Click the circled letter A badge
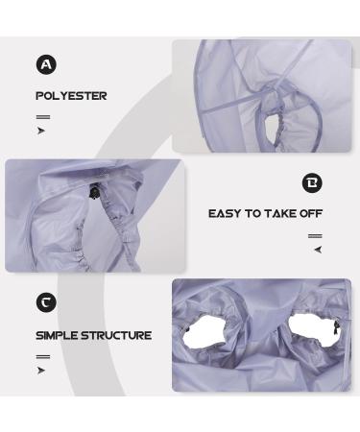pos(46,64)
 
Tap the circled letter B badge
pos(312,182)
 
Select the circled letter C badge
pos(46,302)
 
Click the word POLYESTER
pos(71,96)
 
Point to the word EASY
pos(225,213)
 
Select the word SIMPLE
pos(57,335)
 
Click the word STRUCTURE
pos(116,335)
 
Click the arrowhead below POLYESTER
pos(41,131)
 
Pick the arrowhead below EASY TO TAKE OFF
pos(318,250)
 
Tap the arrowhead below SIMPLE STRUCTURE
pos(41,371)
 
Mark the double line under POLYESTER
pos(43,117)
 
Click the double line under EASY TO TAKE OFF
pos(315,236)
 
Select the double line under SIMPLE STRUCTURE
pos(43,357)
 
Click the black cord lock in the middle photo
pos(94,193)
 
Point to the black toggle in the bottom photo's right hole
pos(335,328)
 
